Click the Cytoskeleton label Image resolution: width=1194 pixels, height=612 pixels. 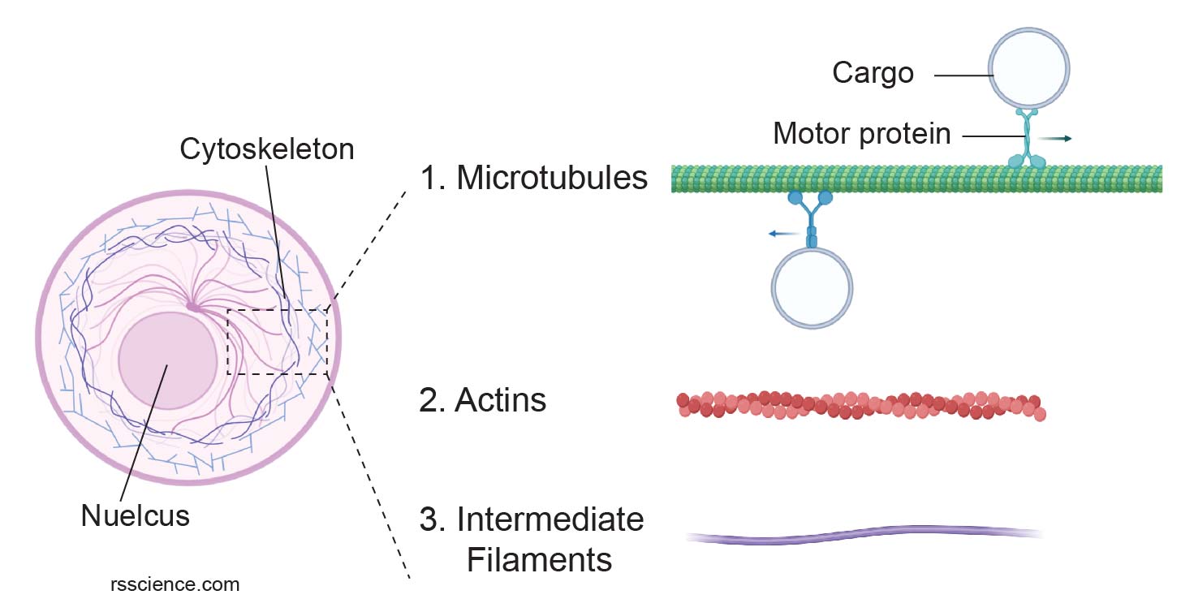coord(267,150)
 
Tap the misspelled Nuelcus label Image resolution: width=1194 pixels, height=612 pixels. coord(135,515)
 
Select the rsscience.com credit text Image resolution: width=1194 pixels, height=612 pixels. coord(175,584)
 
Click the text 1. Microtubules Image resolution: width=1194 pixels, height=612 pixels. coord(533,178)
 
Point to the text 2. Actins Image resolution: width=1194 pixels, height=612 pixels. coord(482,400)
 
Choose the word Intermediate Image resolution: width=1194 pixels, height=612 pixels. coord(550,519)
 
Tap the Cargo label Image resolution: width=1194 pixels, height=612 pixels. coord(873,74)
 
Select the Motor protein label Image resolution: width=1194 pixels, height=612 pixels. coord(861,133)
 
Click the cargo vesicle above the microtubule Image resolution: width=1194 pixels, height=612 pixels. coord(1028,67)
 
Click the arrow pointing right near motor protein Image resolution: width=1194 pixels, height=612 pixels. coord(1058,139)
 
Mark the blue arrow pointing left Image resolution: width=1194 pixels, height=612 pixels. coord(783,234)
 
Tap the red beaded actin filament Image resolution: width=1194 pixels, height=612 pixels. coord(860,405)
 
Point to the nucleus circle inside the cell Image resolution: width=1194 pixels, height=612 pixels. coord(167,360)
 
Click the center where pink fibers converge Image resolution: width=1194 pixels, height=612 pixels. coord(193,307)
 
